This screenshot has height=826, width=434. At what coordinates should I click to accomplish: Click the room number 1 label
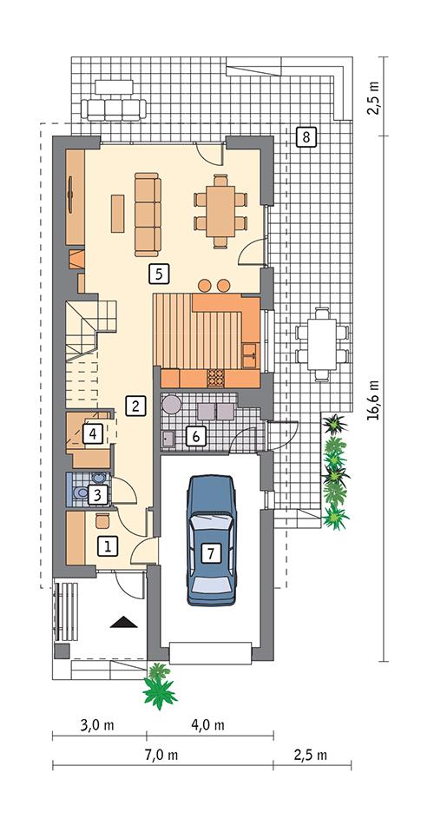(x=108, y=546)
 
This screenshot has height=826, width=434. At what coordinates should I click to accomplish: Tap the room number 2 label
(x=134, y=404)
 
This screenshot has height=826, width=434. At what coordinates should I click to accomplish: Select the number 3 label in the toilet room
(x=99, y=495)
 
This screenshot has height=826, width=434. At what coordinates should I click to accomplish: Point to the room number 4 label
(x=93, y=432)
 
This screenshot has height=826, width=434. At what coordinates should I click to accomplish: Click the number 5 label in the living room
(x=157, y=273)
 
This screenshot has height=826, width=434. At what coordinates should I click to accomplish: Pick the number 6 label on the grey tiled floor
(x=197, y=436)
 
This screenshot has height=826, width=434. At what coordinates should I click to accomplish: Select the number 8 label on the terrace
(x=306, y=136)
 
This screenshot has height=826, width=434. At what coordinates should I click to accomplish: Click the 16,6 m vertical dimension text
(x=374, y=400)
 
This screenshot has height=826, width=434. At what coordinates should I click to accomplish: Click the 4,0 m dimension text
(x=207, y=724)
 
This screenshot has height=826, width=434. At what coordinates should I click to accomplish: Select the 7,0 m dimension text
(x=161, y=754)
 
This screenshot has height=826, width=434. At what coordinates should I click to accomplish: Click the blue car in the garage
(x=212, y=539)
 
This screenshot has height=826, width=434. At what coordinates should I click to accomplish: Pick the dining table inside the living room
(x=220, y=209)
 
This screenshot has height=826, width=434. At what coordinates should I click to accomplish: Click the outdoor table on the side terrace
(x=322, y=343)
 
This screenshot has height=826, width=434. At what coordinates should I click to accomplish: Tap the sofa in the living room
(x=148, y=214)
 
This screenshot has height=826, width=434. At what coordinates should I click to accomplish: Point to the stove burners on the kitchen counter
(x=214, y=377)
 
